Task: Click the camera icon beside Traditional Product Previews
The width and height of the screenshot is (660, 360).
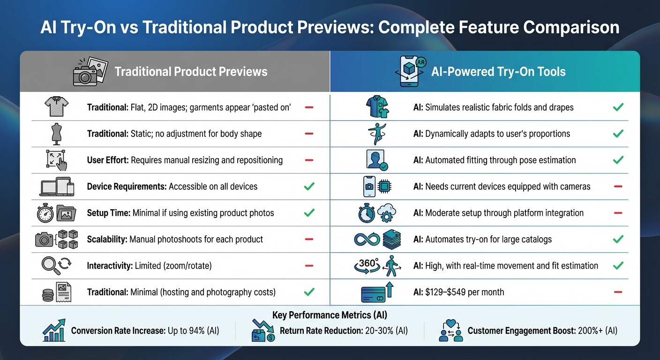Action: [90, 72]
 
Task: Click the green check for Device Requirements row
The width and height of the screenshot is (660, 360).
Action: [309, 187]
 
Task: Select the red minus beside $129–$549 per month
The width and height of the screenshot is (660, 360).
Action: [618, 292]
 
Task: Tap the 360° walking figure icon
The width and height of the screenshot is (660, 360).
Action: [375, 265]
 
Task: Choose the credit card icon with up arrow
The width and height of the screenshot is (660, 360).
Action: [376, 292]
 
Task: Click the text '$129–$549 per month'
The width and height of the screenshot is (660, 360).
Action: [465, 292]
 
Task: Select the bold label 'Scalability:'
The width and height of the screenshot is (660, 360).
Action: [107, 240]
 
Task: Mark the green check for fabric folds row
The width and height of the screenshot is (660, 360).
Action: [618, 107]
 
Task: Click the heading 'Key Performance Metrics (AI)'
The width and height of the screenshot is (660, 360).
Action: [330, 315]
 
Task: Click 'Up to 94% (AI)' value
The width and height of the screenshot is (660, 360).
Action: [194, 331]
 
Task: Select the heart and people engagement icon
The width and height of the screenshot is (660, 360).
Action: [451, 330]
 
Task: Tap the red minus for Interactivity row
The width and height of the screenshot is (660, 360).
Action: [309, 266]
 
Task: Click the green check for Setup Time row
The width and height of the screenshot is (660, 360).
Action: [309, 213]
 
